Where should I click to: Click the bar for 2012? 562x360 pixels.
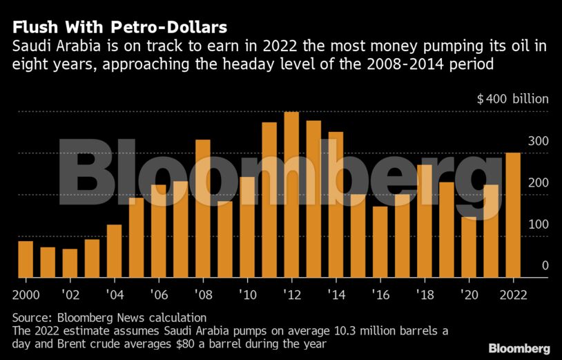[291, 195]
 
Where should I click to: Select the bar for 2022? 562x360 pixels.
[512, 215]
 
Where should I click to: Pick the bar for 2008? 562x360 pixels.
[203, 209]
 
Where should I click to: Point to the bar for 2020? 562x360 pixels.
[468, 247]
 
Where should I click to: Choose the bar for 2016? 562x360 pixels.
[380, 242]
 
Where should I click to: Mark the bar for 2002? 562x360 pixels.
[70, 263]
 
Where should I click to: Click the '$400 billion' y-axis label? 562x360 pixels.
[512, 99]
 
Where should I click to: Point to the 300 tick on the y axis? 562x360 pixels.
[539, 141]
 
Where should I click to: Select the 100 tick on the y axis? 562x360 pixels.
[539, 225]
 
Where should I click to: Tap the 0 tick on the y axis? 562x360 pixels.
[545, 266]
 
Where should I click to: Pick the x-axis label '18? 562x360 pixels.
[424, 293]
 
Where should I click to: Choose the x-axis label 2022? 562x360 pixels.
[512, 293]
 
